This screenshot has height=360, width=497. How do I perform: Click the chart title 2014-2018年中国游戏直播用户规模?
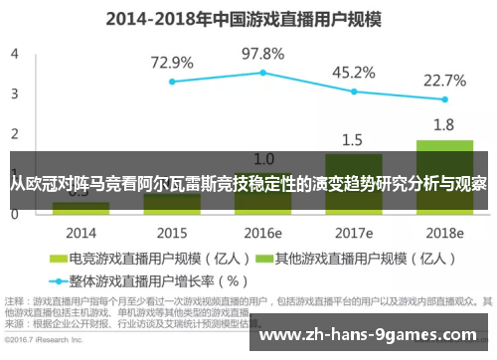click(x=248, y=18)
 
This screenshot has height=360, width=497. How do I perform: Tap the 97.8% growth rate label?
click(x=263, y=54)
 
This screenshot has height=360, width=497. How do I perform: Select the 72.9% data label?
click(x=172, y=63)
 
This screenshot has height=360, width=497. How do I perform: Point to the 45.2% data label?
click(x=354, y=72)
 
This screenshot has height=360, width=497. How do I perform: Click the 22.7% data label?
click(x=444, y=80)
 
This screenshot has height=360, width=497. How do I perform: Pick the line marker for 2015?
click(x=172, y=82)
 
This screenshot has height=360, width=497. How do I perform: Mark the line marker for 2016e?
click(x=263, y=73)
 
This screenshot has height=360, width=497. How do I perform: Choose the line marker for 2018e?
click(x=444, y=99)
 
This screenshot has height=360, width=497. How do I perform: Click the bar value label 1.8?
click(x=444, y=124)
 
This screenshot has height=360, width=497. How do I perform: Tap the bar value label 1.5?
click(x=354, y=139)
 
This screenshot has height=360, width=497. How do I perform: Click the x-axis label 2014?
click(x=81, y=232)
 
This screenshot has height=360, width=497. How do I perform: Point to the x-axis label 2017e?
click(x=354, y=232)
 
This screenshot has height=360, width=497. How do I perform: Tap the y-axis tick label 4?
click(x=14, y=54)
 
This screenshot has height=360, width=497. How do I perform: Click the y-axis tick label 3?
click(x=14, y=93)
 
